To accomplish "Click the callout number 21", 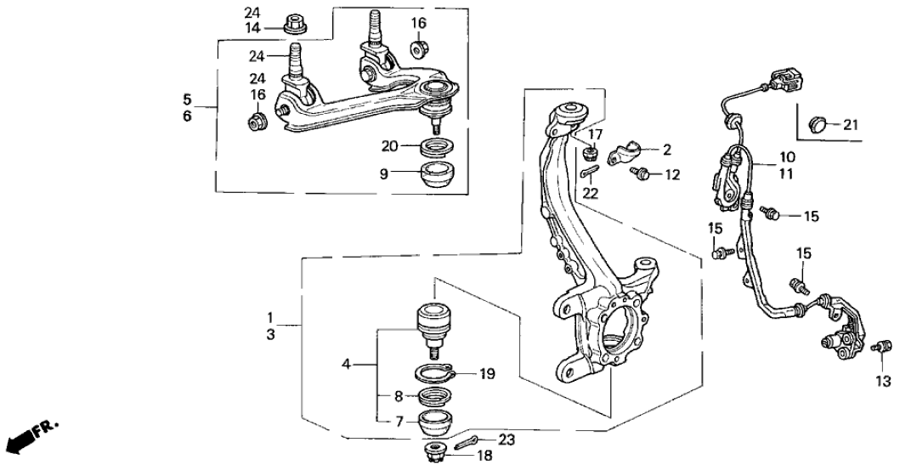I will [x=850, y=125].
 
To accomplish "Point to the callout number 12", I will [x=672, y=175].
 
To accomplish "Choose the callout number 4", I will [x=346, y=366].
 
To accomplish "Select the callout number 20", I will [x=388, y=145].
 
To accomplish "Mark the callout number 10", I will [x=786, y=157].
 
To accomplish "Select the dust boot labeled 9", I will [x=439, y=177].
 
